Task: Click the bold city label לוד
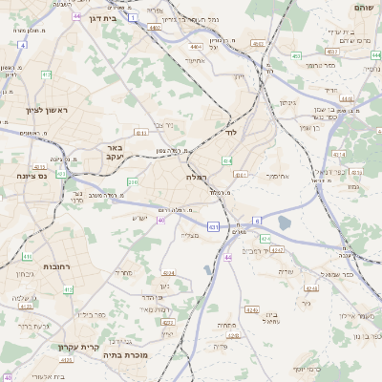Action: tap(230, 132)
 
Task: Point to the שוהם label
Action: tap(364, 8)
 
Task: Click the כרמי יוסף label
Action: tap(310, 368)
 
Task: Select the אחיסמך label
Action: tap(273, 175)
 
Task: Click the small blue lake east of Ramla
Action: tap(284, 223)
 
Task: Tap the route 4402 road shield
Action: tap(155, 28)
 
